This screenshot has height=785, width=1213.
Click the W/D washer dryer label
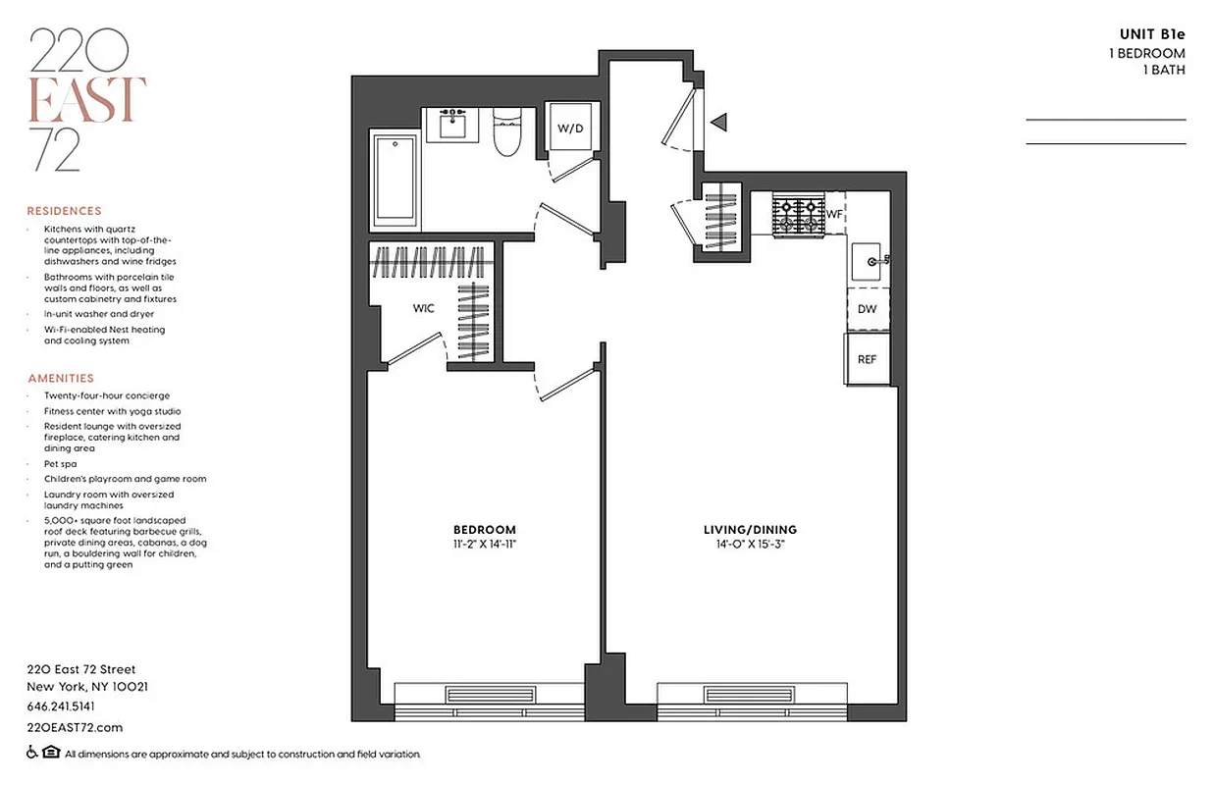click(x=570, y=129)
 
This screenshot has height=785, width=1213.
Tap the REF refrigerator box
click(x=868, y=359)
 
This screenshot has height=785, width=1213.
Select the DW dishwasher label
click(x=868, y=309)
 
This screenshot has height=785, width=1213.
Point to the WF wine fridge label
click(x=835, y=213)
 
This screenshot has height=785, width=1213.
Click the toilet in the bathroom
click(x=507, y=135)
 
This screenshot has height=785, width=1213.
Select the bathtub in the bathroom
click(x=396, y=178)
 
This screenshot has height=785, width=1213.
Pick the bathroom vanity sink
click(x=452, y=124)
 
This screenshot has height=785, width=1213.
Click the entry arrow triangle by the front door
click(x=719, y=123)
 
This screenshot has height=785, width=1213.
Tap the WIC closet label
click(x=423, y=308)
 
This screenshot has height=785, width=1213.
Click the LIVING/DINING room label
click(x=751, y=530)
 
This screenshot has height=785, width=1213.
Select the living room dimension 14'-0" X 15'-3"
click(x=751, y=543)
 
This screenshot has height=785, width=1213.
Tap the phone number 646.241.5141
click(x=61, y=706)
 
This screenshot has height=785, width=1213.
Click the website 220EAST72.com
click(x=75, y=727)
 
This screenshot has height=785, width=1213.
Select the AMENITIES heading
click(x=61, y=378)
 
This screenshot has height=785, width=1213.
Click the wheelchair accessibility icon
click(x=32, y=754)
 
